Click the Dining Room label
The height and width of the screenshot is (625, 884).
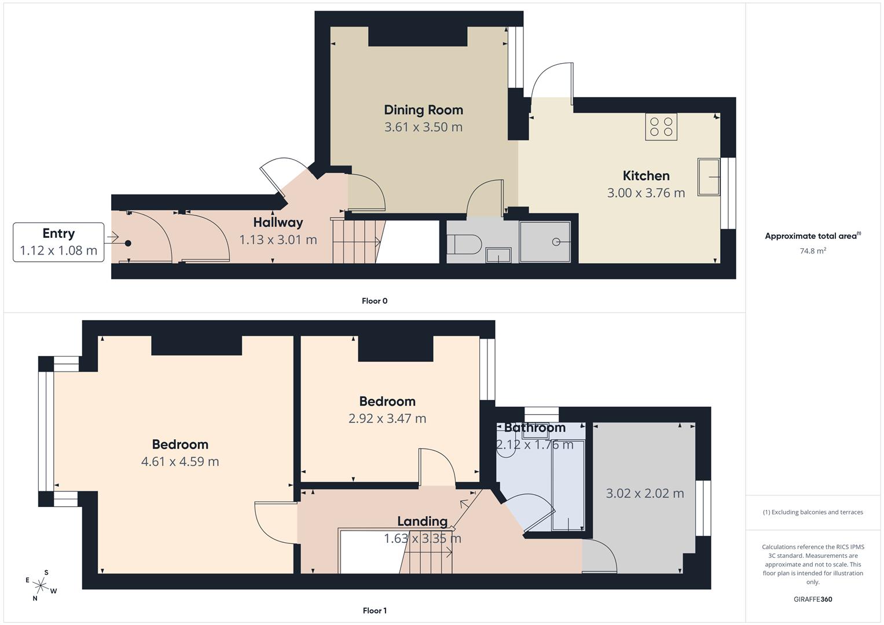click(x=423, y=110)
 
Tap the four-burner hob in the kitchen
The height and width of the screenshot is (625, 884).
click(x=661, y=127)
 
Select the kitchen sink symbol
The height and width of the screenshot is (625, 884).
click(x=709, y=177)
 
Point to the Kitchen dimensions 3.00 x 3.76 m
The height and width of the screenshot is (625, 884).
click(x=646, y=193)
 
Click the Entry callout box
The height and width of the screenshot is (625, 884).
click(x=58, y=242)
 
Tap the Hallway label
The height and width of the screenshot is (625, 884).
click(x=278, y=223)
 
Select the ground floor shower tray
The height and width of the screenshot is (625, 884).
click(x=545, y=242)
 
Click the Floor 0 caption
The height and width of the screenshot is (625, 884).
click(x=375, y=301)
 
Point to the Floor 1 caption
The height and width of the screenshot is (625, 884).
click(x=375, y=611)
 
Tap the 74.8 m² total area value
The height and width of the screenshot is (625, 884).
click(x=813, y=251)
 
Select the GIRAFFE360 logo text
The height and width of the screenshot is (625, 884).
click(x=813, y=599)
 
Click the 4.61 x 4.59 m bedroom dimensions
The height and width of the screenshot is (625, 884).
click(x=180, y=462)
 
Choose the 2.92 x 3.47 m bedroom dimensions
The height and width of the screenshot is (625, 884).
click(x=387, y=418)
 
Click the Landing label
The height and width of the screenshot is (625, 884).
click(x=422, y=521)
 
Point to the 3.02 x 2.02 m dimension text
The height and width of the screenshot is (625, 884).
click(x=645, y=494)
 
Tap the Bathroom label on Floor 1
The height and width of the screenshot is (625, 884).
click(x=535, y=428)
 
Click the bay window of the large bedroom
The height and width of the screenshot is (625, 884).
click(x=46, y=431)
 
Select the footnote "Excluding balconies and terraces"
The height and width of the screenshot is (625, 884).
click(x=813, y=512)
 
